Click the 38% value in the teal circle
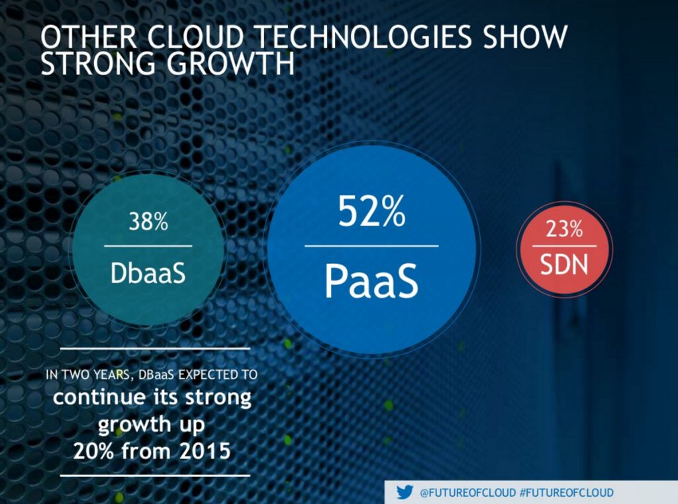click(x=148, y=223)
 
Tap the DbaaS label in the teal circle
click(x=148, y=273)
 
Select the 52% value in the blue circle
click(x=371, y=213)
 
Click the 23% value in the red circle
click(x=564, y=230)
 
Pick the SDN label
click(x=564, y=264)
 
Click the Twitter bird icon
click(x=405, y=492)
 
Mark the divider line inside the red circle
click(x=564, y=246)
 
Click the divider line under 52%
click(x=371, y=246)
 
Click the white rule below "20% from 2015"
click(x=155, y=475)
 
